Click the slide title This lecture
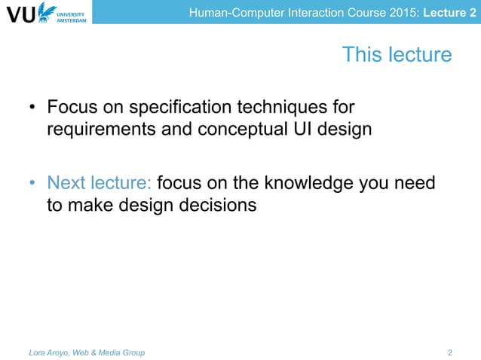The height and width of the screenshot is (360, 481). pyautogui.click(x=397, y=55)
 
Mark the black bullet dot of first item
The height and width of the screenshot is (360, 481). pyautogui.click(x=32, y=108)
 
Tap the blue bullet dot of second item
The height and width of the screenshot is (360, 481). pyautogui.click(x=32, y=183)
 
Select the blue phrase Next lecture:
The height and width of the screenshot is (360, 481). pyautogui.click(x=100, y=182)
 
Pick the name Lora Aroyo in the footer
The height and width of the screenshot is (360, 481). pyautogui.click(x=51, y=352)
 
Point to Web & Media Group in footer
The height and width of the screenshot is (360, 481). pyautogui.click(x=112, y=352)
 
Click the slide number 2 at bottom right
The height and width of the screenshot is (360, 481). pyautogui.click(x=450, y=352)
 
